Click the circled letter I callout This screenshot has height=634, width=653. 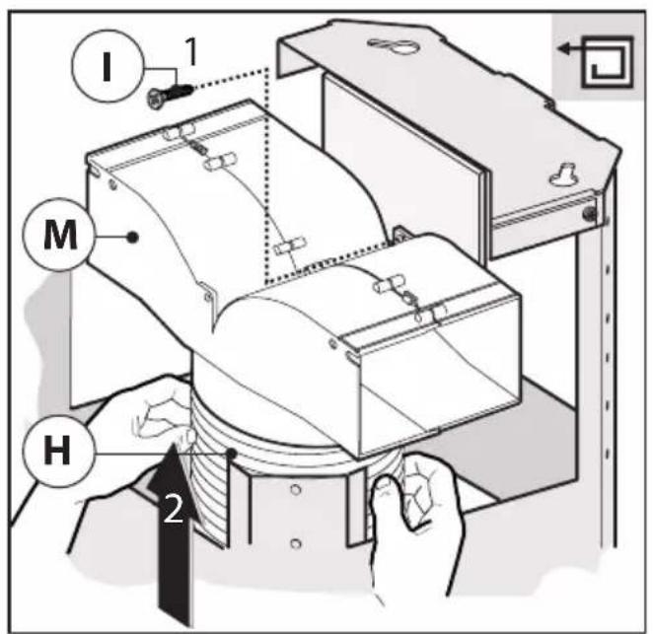click(108, 66)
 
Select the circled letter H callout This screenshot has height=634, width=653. click(58, 452)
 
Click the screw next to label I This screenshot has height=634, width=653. click(170, 95)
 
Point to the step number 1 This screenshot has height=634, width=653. click(190, 51)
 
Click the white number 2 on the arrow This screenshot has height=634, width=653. click(174, 508)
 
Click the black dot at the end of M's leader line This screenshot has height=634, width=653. click(133, 237)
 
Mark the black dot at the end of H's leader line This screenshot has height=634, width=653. click(232, 453)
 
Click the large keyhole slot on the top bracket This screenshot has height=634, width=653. click(391, 45)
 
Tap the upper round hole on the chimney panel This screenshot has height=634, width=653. click(295, 489)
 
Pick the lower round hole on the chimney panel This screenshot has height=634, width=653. click(295, 543)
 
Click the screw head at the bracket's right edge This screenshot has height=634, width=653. click(590, 214)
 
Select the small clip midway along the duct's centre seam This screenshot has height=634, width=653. click(289, 246)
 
